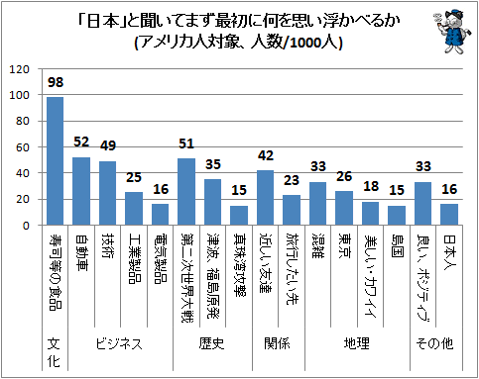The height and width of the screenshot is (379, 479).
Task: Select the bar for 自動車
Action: [x=81, y=191]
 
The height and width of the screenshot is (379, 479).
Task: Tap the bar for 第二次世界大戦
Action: [x=186, y=192]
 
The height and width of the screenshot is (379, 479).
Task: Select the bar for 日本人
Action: [x=448, y=215]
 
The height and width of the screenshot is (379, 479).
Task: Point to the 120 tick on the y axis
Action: [x=20, y=70]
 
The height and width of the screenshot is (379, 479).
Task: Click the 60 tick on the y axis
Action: [x=24, y=147]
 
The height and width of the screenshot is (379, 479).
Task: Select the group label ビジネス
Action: [x=120, y=344]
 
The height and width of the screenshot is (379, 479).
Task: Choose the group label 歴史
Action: [x=212, y=344]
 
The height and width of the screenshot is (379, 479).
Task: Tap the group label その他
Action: [x=435, y=344]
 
